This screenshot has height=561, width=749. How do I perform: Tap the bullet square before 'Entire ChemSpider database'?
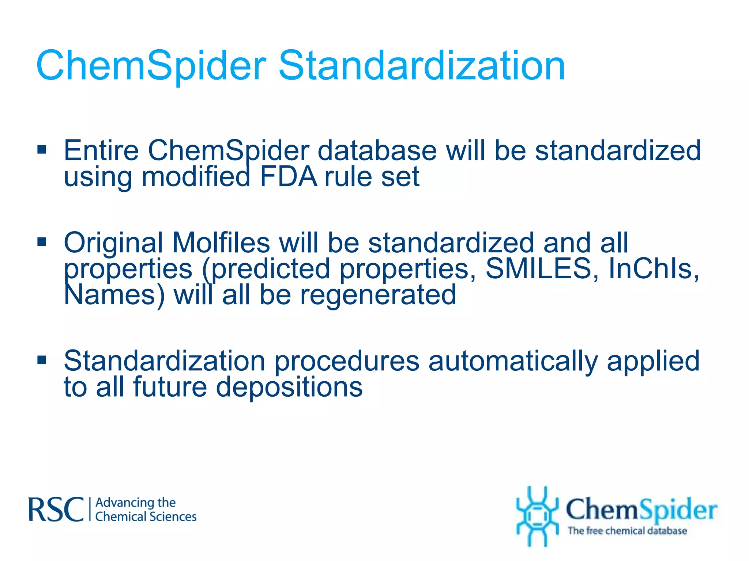42,149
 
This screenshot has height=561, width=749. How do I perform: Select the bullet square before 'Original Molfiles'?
42,242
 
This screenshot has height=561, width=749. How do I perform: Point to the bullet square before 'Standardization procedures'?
42,360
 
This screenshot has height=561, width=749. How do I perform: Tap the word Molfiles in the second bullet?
221,243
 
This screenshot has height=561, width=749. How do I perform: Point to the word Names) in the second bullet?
114,295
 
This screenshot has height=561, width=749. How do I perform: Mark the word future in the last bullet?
170,387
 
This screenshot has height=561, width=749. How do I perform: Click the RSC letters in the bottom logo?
56,510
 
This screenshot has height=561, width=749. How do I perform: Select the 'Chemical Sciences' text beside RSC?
146,517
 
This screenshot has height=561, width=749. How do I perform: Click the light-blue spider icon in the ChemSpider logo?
537,516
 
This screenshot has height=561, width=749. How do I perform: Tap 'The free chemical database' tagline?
627,531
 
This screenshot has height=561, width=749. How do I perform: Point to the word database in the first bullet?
377,150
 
